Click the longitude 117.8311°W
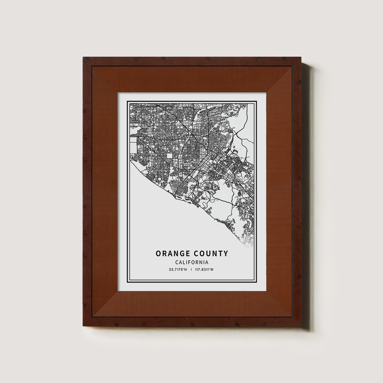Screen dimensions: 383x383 [204, 270]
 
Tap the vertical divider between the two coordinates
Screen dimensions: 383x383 [191, 270]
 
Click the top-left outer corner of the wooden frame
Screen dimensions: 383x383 [83, 57]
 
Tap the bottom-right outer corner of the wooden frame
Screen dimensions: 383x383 [301, 327]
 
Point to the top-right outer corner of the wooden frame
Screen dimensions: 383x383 [301, 57]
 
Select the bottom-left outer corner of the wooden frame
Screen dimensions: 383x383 [83, 327]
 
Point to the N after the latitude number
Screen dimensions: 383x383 [186, 270]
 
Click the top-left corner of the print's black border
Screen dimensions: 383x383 [128, 101]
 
